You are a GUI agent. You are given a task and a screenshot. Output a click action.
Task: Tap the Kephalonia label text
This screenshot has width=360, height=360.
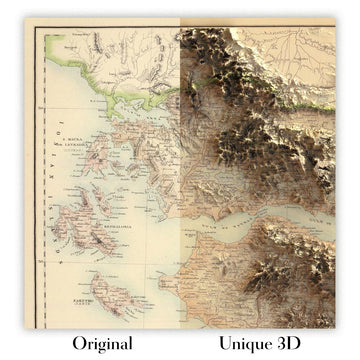pyautogui.click(x=84, y=226)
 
